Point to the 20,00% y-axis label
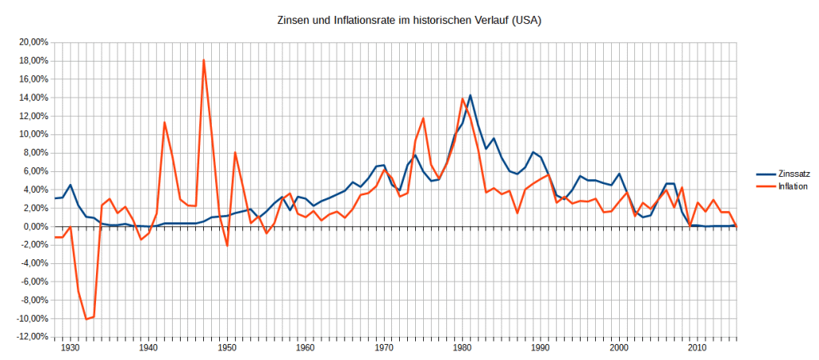pyautogui.click(x=32, y=42)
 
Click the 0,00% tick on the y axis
pyautogui.click(x=34, y=226)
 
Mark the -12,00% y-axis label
pyautogui.click(x=30, y=337)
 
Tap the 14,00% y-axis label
pyautogui.click(x=32, y=98)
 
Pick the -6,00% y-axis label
pyautogui.click(x=32, y=282)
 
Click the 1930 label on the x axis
pyautogui.click(x=70, y=349)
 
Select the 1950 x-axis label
pyautogui.click(x=226, y=349)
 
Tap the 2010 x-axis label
pyautogui.click(x=697, y=349)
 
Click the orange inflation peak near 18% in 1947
pyautogui.click(x=204, y=61)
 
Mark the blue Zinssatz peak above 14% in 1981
pyautogui.click(x=470, y=95)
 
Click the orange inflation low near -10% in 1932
pyautogui.click(x=86, y=319)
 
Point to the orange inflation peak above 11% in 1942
pyautogui.click(x=164, y=122)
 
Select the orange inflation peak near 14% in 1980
pyautogui.click(x=462, y=99)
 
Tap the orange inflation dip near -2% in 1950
pyautogui.click(x=227, y=245)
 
